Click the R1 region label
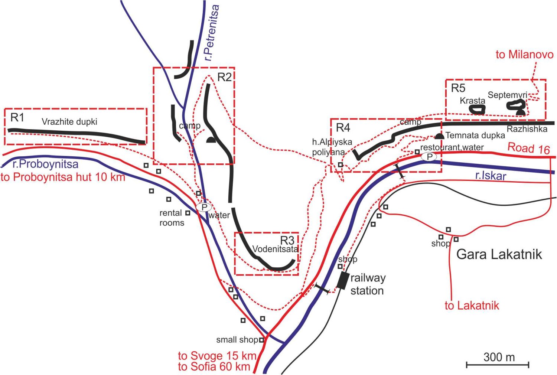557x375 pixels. tap(17, 118)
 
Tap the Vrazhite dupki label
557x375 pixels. tap(69, 122)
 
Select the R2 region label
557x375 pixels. tap(224, 77)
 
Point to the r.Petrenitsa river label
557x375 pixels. tap(212, 33)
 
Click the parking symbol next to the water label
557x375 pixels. tap(204, 207)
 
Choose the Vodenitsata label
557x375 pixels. tap(275, 249)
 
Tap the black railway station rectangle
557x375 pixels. tap(343, 280)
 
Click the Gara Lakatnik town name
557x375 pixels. tap(499, 254)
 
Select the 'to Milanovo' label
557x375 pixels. tap(524, 55)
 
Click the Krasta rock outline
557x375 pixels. tap(477, 109)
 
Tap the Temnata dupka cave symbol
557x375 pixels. tap(440, 136)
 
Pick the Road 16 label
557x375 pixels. tap(528, 148)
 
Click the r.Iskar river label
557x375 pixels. tap(491, 175)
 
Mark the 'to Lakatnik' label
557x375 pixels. tap(472, 306)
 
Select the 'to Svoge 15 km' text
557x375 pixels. tap(217, 356)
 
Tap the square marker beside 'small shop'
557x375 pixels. tap(262, 340)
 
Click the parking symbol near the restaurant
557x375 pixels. tap(429, 157)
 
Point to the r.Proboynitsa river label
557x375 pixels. tap(45, 164)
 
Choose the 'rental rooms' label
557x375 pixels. tap(172, 218)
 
